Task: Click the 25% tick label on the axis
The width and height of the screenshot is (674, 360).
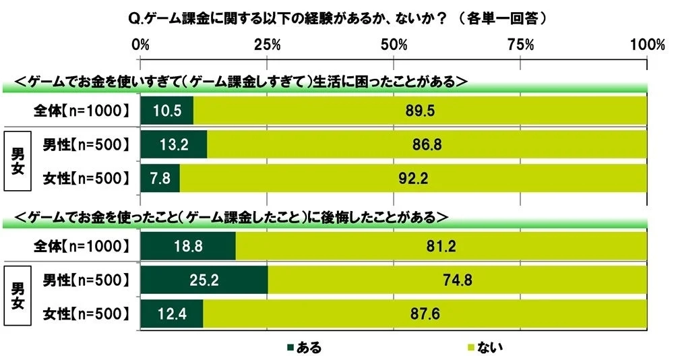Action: [267, 45]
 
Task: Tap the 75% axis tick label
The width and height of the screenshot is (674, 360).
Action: [520, 45]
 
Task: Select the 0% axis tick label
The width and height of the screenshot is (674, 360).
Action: [140, 45]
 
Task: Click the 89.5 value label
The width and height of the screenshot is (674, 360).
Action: [419, 111]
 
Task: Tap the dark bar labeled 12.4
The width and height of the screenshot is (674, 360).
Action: [171, 313]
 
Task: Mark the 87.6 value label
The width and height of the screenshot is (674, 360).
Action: [425, 313]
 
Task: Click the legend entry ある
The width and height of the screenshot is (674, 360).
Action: [305, 348]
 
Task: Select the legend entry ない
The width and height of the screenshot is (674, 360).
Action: [484, 348]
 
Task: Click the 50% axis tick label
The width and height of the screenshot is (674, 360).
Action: [394, 45]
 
